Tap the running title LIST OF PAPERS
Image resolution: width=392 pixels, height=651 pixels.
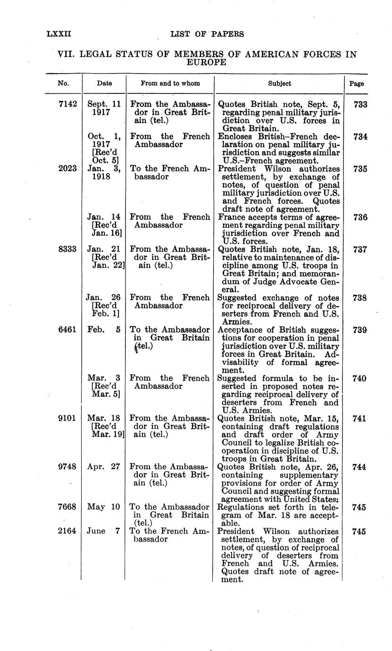(x=207, y=34)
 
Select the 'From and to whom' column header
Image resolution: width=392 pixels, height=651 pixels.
(x=170, y=83)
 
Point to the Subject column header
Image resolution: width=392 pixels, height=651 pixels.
(x=280, y=83)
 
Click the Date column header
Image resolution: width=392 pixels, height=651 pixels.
(x=104, y=83)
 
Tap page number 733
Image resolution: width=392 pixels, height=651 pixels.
(x=360, y=104)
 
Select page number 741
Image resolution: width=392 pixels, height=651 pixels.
(x=360, y=418)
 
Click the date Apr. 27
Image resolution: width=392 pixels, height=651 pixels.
(x=104, y=467)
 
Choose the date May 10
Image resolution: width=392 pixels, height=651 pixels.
(x=104, y=507)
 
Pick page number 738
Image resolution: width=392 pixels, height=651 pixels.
(x=360, y=298)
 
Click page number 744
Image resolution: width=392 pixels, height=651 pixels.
(x=360, y=467)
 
